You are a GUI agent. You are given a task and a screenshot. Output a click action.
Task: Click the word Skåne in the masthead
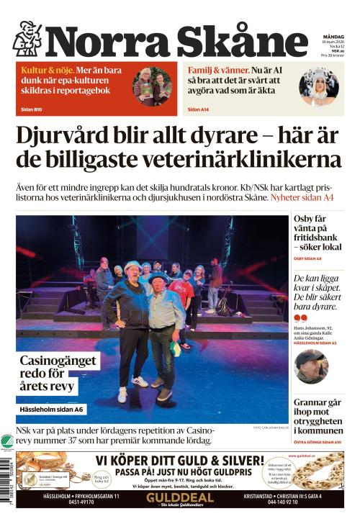pos(238,40)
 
